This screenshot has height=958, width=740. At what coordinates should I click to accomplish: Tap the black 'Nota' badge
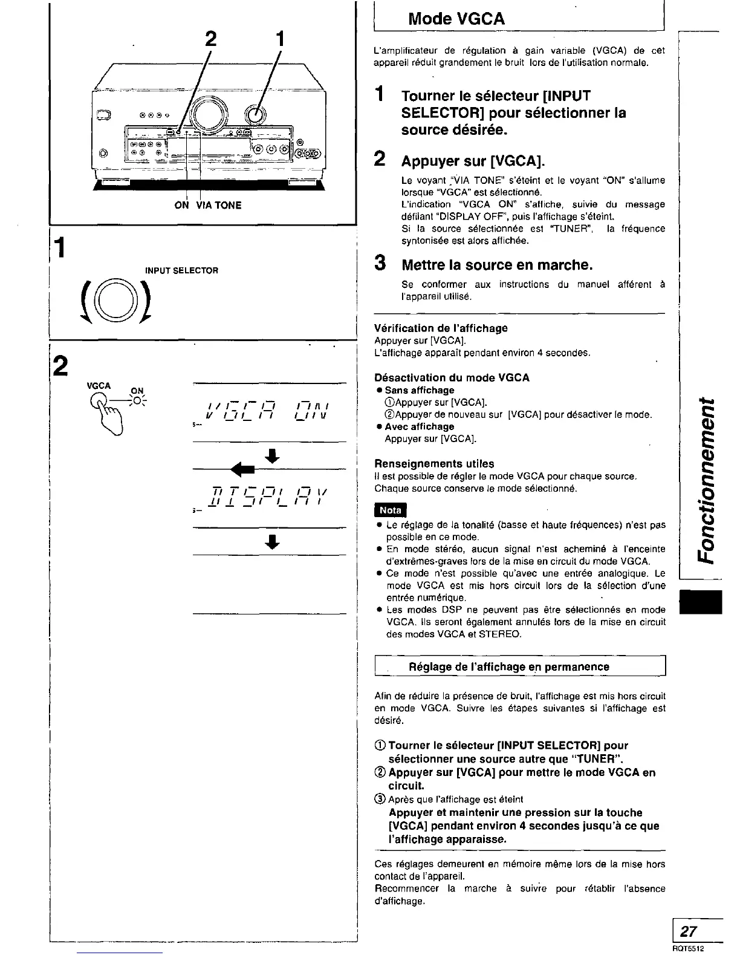click(391, 510)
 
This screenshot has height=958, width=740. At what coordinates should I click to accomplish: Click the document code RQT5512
click(689, 949)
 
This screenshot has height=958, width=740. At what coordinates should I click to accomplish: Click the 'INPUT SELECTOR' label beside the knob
click(181, 270)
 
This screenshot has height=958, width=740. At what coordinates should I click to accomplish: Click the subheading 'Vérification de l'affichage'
click(441, 328)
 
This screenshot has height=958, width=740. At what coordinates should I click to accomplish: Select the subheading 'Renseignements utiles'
click(434, 463)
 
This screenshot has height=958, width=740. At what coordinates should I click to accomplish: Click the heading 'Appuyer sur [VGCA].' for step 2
click(473, 161)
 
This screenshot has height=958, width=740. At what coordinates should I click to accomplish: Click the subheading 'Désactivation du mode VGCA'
click(452, 377)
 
